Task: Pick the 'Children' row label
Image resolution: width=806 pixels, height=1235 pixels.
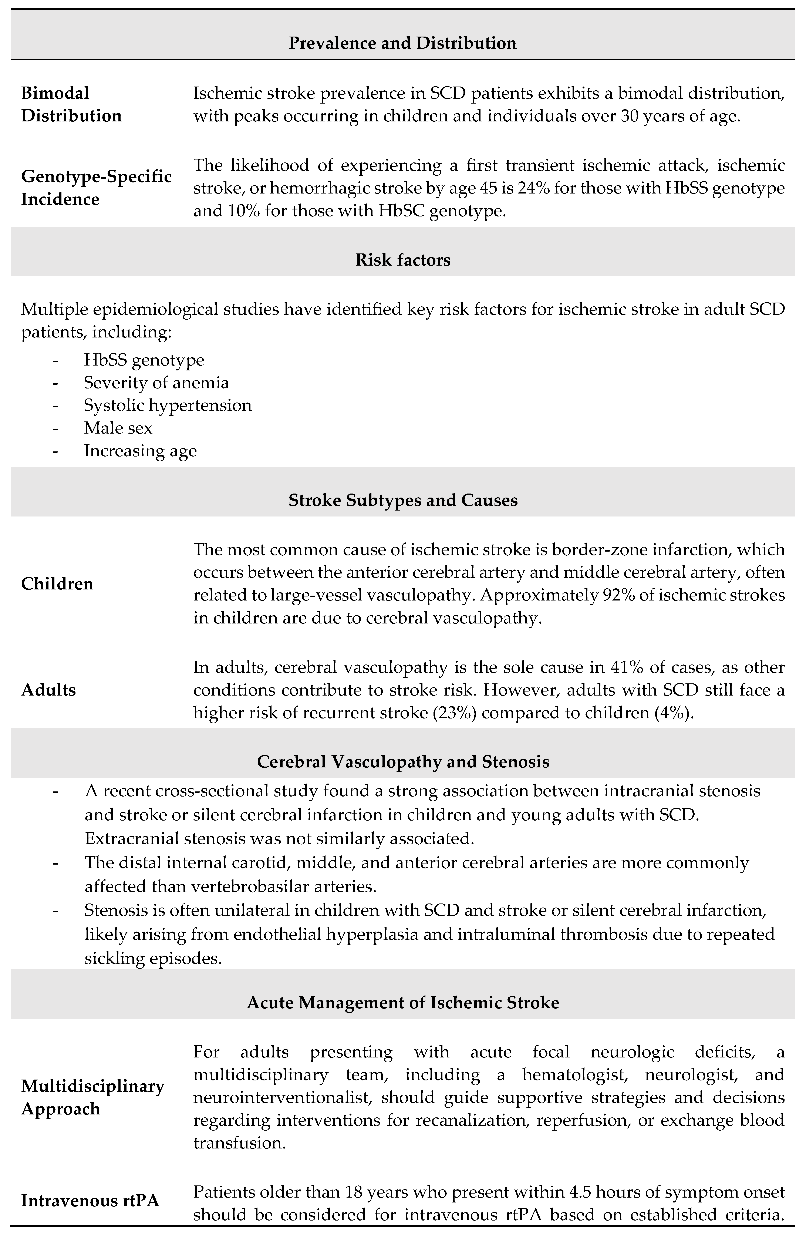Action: [57, 584]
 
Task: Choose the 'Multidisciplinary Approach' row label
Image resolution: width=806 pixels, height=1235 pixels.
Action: [92, 1097]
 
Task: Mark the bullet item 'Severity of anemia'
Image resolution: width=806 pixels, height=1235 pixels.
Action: [156, 383]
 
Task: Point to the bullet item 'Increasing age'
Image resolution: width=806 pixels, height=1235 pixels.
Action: [140, 450]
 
